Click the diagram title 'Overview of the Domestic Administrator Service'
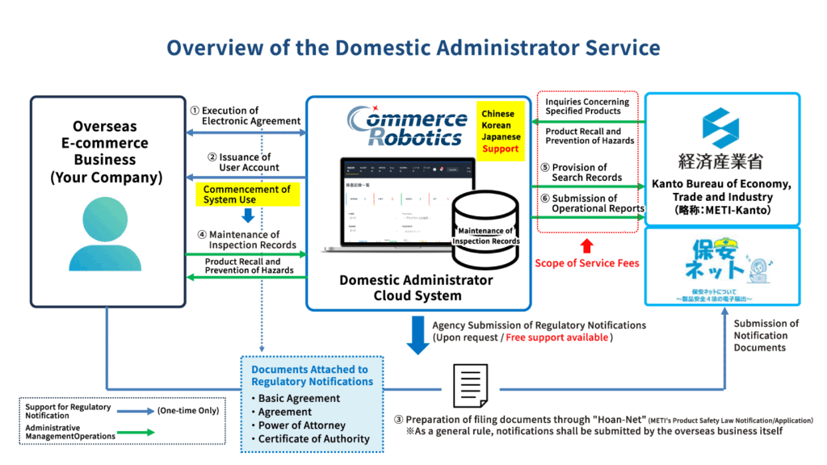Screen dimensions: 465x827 pos(413,47)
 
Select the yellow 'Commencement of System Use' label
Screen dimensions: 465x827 pos(246,195)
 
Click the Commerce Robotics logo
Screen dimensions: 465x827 pos(407,128)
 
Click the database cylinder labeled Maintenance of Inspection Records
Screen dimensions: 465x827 pos(485,230)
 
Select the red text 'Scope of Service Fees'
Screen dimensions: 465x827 pos(587,263)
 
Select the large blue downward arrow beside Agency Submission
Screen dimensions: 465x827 pos(418,334)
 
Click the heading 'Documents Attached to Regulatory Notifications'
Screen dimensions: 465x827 pos(312,375)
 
